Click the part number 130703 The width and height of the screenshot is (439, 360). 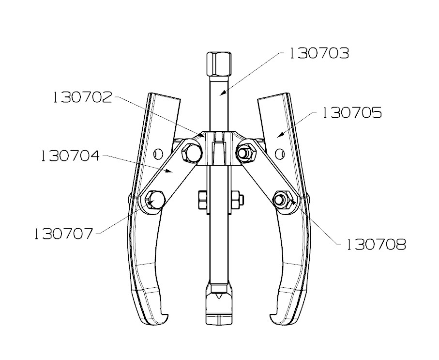318,53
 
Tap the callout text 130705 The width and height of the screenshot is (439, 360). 352,113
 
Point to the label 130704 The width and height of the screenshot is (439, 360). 70,156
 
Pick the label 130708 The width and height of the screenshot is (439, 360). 376,244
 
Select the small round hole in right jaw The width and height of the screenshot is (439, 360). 279,154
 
